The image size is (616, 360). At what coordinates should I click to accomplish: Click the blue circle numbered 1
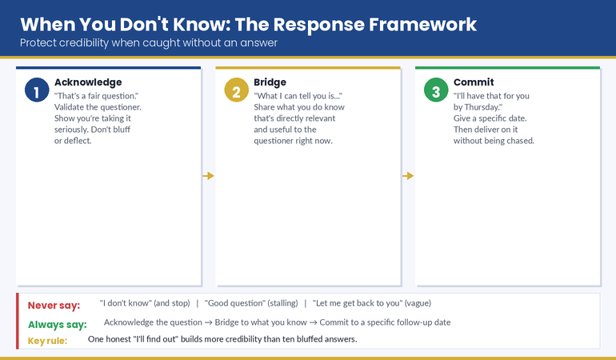[x=37, y=90]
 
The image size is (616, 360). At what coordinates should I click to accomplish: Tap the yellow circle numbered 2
[x=236, y=90]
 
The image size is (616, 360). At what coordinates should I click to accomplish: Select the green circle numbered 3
[x=436, y=90]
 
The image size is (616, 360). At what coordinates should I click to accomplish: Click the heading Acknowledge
[x=88, y=82]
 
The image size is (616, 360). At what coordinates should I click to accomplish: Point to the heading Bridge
[x=270, y=82]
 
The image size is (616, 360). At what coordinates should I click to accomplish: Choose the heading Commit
[x=474, y=82]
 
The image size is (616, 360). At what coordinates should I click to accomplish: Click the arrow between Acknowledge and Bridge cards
[x=209, y=175]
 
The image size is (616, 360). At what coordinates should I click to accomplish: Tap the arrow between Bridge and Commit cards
[x=408, y=175]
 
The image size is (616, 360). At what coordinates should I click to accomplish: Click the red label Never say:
[x=54, y=305]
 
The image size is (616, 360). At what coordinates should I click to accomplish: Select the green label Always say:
[x=58, y=324]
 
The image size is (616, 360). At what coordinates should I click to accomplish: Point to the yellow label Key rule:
[x=48, y=340]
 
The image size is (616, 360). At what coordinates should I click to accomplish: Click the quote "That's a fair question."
[x=97, y=96]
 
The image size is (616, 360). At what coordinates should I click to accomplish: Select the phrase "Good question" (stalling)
[x=251, y=304]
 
